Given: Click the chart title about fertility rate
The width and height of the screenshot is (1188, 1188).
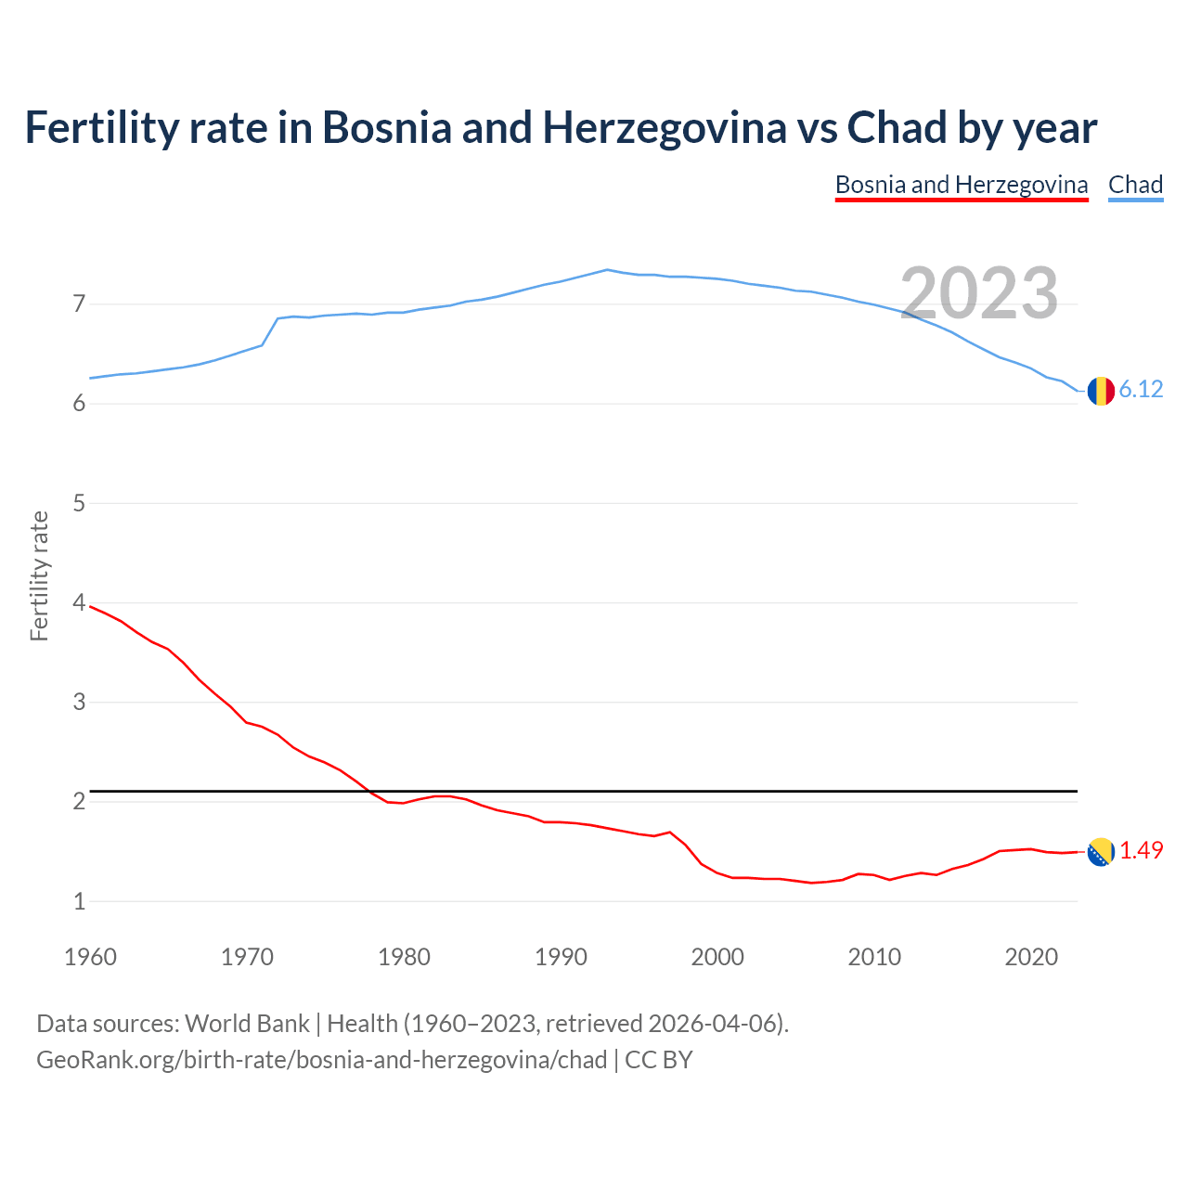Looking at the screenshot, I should pyautogui.click(x=561, y=127).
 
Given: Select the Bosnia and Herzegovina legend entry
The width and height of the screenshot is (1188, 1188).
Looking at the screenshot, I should pyautogui.click(x=962, y=185).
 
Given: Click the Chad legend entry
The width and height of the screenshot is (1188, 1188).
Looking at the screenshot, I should pyautogui.click(x=1135, y=185).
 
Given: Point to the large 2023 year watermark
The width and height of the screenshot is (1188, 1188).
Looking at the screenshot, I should pyautogui.click(x=979, y=293).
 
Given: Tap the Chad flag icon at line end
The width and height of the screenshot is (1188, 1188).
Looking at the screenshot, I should pyautogui.click(x=1101, y=391).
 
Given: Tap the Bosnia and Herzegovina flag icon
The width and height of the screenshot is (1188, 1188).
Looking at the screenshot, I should pyautogui.click(x=1101, y=851).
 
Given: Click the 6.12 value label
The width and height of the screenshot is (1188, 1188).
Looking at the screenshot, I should pyautogui.click(x=1141, y=390).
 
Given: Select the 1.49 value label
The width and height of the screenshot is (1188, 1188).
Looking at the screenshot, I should pyautogui.click(x=1141, y=850).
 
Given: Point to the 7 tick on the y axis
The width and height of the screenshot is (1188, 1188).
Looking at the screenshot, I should pyautogui.click(x=79, y=303).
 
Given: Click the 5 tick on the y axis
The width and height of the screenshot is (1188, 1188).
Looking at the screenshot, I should pyautogui.click(x=79, y=503).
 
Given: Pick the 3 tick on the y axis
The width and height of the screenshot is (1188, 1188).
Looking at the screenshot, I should pyautogui.click(x=79, y=702).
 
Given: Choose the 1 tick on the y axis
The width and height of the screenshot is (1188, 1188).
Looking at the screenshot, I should pyautogui.click(x=79, y=900).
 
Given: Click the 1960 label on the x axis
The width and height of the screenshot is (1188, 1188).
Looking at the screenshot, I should pyautogui.click(x=90, y=957).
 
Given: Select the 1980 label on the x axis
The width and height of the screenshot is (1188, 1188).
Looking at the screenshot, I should pyautogui.click(x=404, y=957).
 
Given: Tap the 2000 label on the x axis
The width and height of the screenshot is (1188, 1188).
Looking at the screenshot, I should pyautogui.click(x=717, y=957).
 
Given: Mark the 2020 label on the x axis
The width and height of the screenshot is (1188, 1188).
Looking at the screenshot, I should pyautogui.click(x=1031, y=957).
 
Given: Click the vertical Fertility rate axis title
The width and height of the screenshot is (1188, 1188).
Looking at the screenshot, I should pyautogui.click(x=39, y=575).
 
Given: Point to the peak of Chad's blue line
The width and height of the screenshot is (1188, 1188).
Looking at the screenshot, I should pyautogui.click(x=607, y=270).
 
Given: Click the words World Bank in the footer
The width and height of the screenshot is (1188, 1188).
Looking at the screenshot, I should pyautogui.click(x=247, y=1024).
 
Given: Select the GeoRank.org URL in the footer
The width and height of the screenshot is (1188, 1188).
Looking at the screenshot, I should pyautogui.click(x=321, y=1060).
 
